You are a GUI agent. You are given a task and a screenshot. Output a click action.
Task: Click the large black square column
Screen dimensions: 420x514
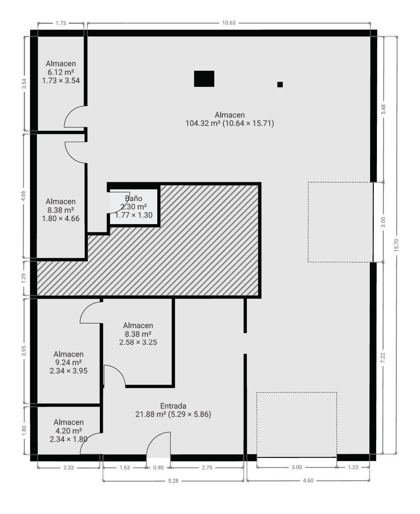[x=204, y=79]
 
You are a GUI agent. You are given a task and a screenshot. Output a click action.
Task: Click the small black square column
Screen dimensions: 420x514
[x=280, y=84]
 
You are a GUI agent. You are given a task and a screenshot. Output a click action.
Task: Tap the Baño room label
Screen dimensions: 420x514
[x=133, y=198]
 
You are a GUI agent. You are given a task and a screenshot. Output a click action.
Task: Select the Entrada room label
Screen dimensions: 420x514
[x=173, y=406]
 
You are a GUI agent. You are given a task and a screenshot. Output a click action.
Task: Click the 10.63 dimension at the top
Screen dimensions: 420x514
[x=229, y=23]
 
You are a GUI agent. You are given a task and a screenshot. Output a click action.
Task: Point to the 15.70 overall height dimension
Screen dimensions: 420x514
[x=396, y=245]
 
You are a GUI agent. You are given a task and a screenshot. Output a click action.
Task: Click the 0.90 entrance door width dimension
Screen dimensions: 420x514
[x=158, y=468]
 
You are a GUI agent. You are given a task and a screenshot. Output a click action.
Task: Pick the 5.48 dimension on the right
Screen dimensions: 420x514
[x=383, y=109]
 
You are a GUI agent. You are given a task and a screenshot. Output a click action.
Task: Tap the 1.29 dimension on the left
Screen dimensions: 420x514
[x=23, y=278]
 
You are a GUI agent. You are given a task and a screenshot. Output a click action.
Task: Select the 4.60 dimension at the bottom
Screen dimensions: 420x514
[x=308, y=480]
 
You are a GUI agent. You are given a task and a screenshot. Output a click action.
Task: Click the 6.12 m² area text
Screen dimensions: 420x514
[x=61, y=72]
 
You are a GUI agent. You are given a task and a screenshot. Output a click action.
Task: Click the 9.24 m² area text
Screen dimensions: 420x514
[x=68, y=362]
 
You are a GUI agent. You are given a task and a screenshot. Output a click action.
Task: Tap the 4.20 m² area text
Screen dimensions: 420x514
[x=68, y=430]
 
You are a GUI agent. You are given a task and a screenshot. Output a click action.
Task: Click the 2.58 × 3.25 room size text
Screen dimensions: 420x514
[x=138, y=342]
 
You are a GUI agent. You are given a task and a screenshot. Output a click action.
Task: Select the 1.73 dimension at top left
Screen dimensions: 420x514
[x=61, y=23]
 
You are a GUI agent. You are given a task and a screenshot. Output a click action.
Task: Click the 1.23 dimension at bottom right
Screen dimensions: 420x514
[x=353, y=467]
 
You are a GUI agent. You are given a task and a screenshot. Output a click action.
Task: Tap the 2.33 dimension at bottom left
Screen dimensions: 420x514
[x=68, y=468]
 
